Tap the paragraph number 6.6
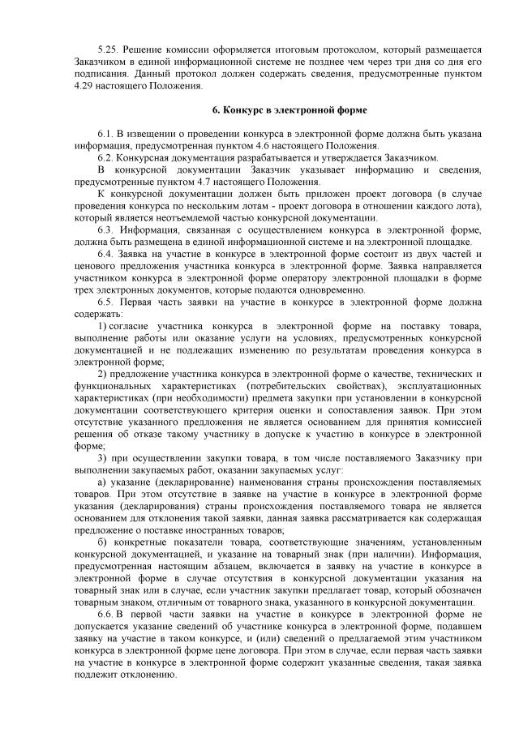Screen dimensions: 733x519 click(106, 617)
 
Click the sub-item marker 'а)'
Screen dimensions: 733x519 click(101, 484)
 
